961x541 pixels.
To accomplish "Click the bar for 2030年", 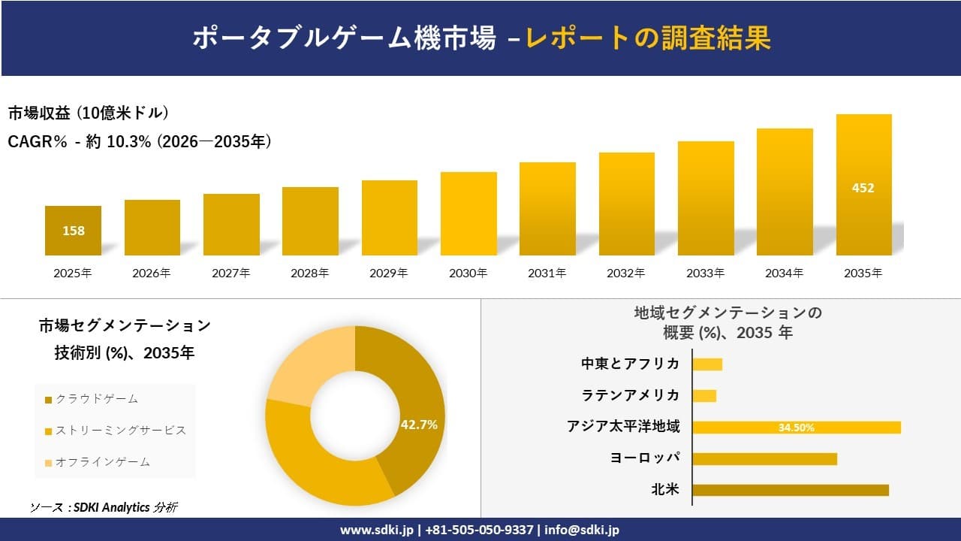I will coord(468,214).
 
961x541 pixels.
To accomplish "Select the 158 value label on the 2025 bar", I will coord(74,231).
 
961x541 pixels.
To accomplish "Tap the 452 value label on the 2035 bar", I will coord(863,188).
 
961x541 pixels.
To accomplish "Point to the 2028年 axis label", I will coord(310,274).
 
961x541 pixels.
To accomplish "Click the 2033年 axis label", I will coord(706,274).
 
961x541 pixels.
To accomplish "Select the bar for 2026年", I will coord(152,228).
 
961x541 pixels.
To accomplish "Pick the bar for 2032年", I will coord(626,204).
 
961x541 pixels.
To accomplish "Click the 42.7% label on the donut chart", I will coord(419,425).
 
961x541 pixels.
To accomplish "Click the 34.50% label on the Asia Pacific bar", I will coord(796,428).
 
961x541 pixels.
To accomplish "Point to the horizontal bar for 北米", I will coord(790,490).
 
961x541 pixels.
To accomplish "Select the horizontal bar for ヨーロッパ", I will coord(764,458).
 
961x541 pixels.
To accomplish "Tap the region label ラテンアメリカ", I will coord(631,395).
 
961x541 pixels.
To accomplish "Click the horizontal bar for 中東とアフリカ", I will coord(707,364).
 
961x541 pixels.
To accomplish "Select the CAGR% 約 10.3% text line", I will coord(140,141).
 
